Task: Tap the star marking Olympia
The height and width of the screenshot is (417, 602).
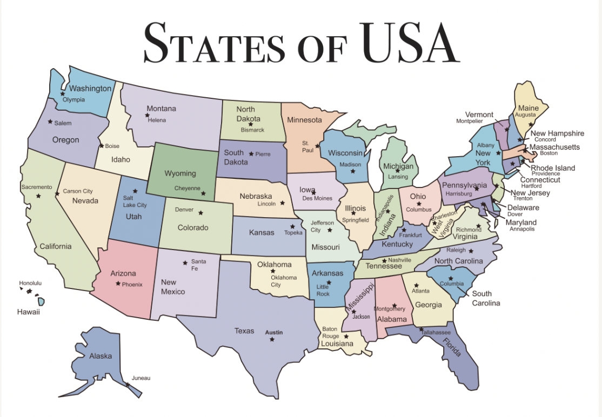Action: point(63,93)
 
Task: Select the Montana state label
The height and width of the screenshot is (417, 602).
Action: point(161,109)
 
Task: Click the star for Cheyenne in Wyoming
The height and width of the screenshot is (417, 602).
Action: point(203,193)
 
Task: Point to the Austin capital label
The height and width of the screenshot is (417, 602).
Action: point(273,333)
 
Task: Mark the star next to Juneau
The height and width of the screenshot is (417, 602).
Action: point(128,385)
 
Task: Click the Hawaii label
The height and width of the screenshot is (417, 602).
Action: point(28,312)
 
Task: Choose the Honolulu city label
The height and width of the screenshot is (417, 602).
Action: point(30,283)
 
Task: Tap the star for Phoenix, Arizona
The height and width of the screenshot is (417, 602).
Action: point(118,283)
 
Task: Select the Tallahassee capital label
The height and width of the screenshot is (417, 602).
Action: point(436,332)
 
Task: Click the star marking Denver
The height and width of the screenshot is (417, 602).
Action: point(200,212)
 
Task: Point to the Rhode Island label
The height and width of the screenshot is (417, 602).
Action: point(552,168)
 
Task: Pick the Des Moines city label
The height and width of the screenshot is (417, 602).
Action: point(317,198)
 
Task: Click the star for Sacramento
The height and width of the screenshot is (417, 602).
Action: point(38,196)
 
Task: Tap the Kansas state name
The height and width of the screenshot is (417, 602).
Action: point(262,233)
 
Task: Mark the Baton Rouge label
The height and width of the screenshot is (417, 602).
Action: point(330,332)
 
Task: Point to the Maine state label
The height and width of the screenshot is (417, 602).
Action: point(528,108)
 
